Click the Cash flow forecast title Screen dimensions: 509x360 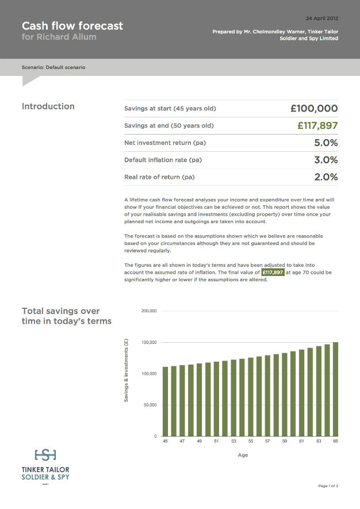(x=72, y=26)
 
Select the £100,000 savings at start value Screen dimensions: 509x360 (x=314, y=108)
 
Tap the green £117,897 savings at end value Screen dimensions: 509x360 (x=317, y=125)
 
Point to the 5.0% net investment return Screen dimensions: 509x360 (x=325, y=143)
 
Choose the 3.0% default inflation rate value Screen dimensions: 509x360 (x=325, y=160)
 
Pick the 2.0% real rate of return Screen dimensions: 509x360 (x=325, y=177)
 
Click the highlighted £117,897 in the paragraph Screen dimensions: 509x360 (x=273, y=272)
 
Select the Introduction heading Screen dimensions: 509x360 (x=48, y=106)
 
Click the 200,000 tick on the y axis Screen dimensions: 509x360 (x=149, y=311)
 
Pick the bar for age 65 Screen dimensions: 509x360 (x=335, y=389)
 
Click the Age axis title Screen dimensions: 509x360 (x=243, y=455)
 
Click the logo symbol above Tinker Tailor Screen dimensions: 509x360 (x=45, y=455)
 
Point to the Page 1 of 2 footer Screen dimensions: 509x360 (x=328, y=486)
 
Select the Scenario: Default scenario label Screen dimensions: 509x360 (x=53, y=67)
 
